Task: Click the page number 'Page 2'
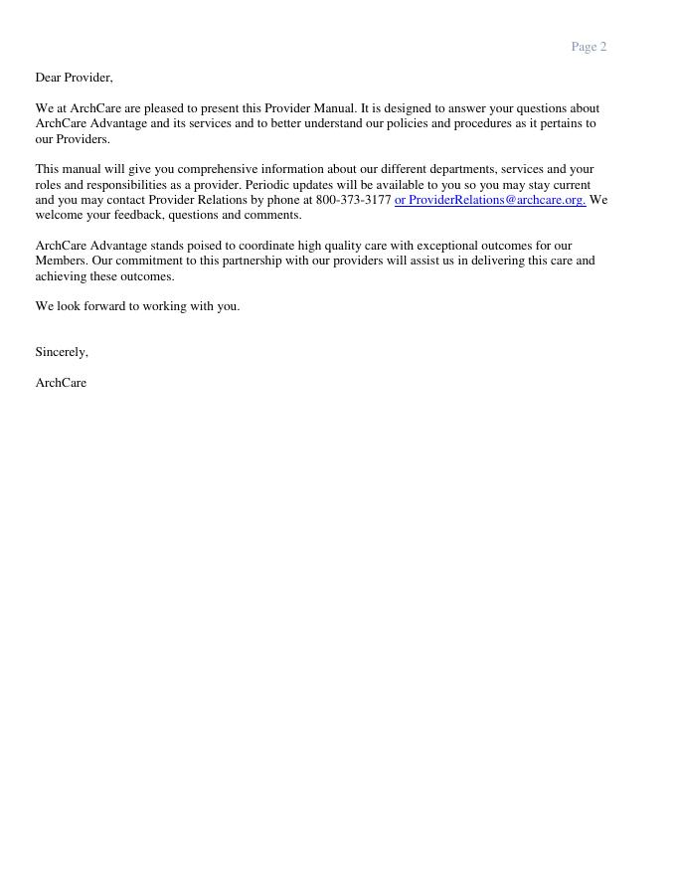[x=589, y=47]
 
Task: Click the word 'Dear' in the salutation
[x=48, y=78]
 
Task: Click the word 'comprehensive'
[x=215, y=169]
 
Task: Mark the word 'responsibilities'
[x=129, y=185]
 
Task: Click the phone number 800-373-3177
[x=353, y=200]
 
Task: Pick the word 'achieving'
[x=62, y=276]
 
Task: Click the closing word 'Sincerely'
[x=61, y=352]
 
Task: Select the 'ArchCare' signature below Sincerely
[x=61, y=383]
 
